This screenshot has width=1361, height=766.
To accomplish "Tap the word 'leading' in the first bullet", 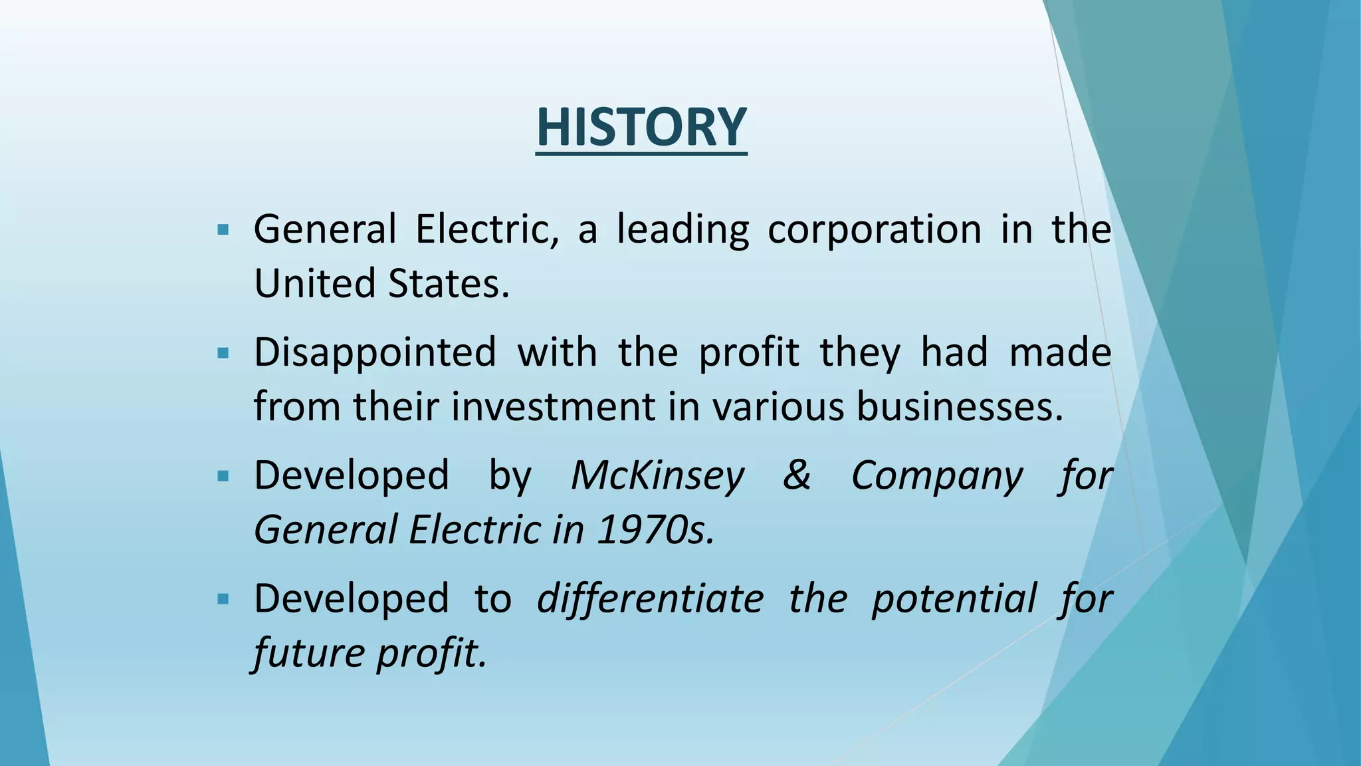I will (682, 230).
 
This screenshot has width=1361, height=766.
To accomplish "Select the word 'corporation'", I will (874, 230).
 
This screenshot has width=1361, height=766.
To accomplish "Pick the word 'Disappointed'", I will (375, 352).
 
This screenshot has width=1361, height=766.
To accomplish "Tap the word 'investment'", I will (554, 406).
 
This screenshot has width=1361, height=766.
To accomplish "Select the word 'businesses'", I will (959, 406).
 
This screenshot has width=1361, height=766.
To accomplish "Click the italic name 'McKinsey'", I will (657, 476).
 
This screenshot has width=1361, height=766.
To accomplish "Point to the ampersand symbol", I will (797, 476).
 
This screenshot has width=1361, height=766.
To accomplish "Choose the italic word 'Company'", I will (937, 476).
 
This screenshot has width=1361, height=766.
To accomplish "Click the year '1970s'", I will (655, 530).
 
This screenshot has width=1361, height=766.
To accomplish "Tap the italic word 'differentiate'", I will (650, 598).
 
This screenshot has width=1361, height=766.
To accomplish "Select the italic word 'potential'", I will (954, 598).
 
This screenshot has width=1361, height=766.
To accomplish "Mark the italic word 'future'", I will (308, 653).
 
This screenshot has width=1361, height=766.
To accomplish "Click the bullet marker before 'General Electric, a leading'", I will (223, 231).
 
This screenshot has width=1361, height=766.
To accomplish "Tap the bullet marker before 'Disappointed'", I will (223, 353).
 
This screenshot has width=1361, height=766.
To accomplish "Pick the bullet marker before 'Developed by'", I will (223, 476).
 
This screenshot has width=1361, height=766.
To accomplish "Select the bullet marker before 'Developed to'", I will (223, 599).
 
